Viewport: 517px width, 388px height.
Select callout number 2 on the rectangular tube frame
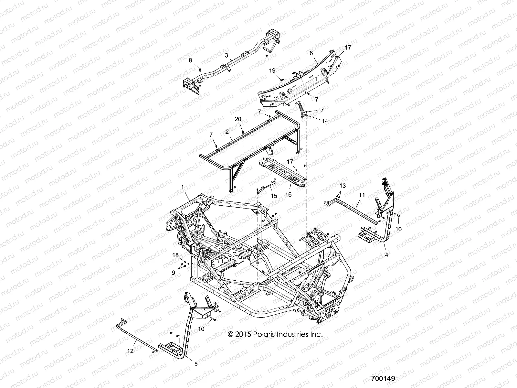[x=227, y=132]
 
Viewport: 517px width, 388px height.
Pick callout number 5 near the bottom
[x=196, y=364]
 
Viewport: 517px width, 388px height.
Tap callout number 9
[x=174, y=273]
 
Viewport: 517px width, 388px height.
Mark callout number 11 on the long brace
[x=362, y=195]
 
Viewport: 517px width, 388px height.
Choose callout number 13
[x=342, y=186]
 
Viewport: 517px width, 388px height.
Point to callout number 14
[x=325, y=121]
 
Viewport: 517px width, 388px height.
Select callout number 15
[x=274, y=196]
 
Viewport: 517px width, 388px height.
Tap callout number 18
[x=175, y=255]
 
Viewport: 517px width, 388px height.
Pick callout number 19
[x=272, y=70]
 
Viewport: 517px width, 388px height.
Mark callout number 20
[x=238, y=119]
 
